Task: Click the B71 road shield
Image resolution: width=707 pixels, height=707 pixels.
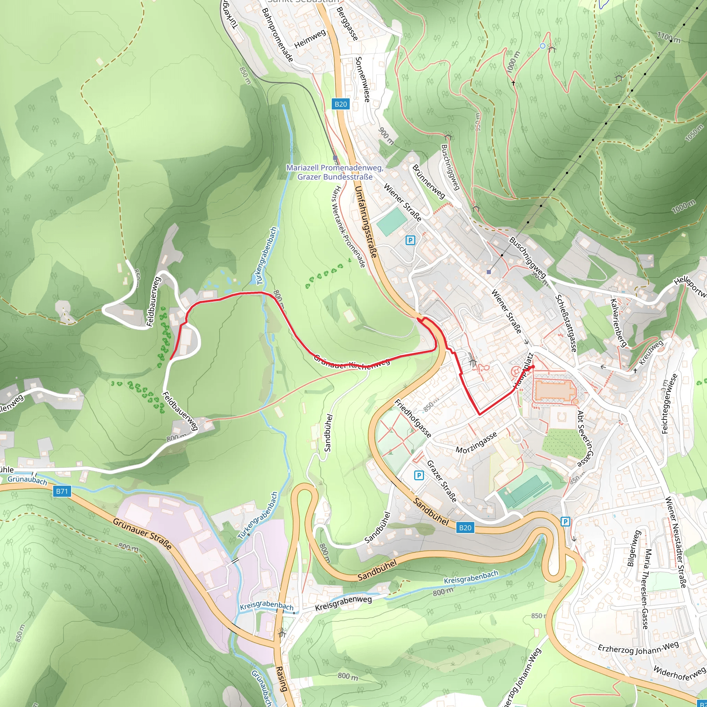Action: [61, 491]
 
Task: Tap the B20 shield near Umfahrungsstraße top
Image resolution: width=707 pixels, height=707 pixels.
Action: [340, 104]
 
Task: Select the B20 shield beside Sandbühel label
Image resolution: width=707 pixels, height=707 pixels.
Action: [465, 527]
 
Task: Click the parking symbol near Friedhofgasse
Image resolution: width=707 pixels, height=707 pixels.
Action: [419, 475]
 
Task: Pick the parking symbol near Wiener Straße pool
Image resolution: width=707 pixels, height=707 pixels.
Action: [410, 240]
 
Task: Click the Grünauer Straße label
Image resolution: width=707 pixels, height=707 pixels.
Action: [142, 534]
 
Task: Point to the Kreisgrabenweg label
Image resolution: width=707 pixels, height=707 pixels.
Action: [343, 603]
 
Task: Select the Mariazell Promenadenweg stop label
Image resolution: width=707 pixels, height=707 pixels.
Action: [335, 172]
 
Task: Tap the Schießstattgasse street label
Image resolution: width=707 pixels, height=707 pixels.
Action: [566, 323]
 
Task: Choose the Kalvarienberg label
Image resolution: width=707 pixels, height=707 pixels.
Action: [618, 322]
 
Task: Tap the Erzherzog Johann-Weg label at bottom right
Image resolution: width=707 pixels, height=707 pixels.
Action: [638, 648]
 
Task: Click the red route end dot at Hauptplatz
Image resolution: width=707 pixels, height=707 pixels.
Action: [532, 367]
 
